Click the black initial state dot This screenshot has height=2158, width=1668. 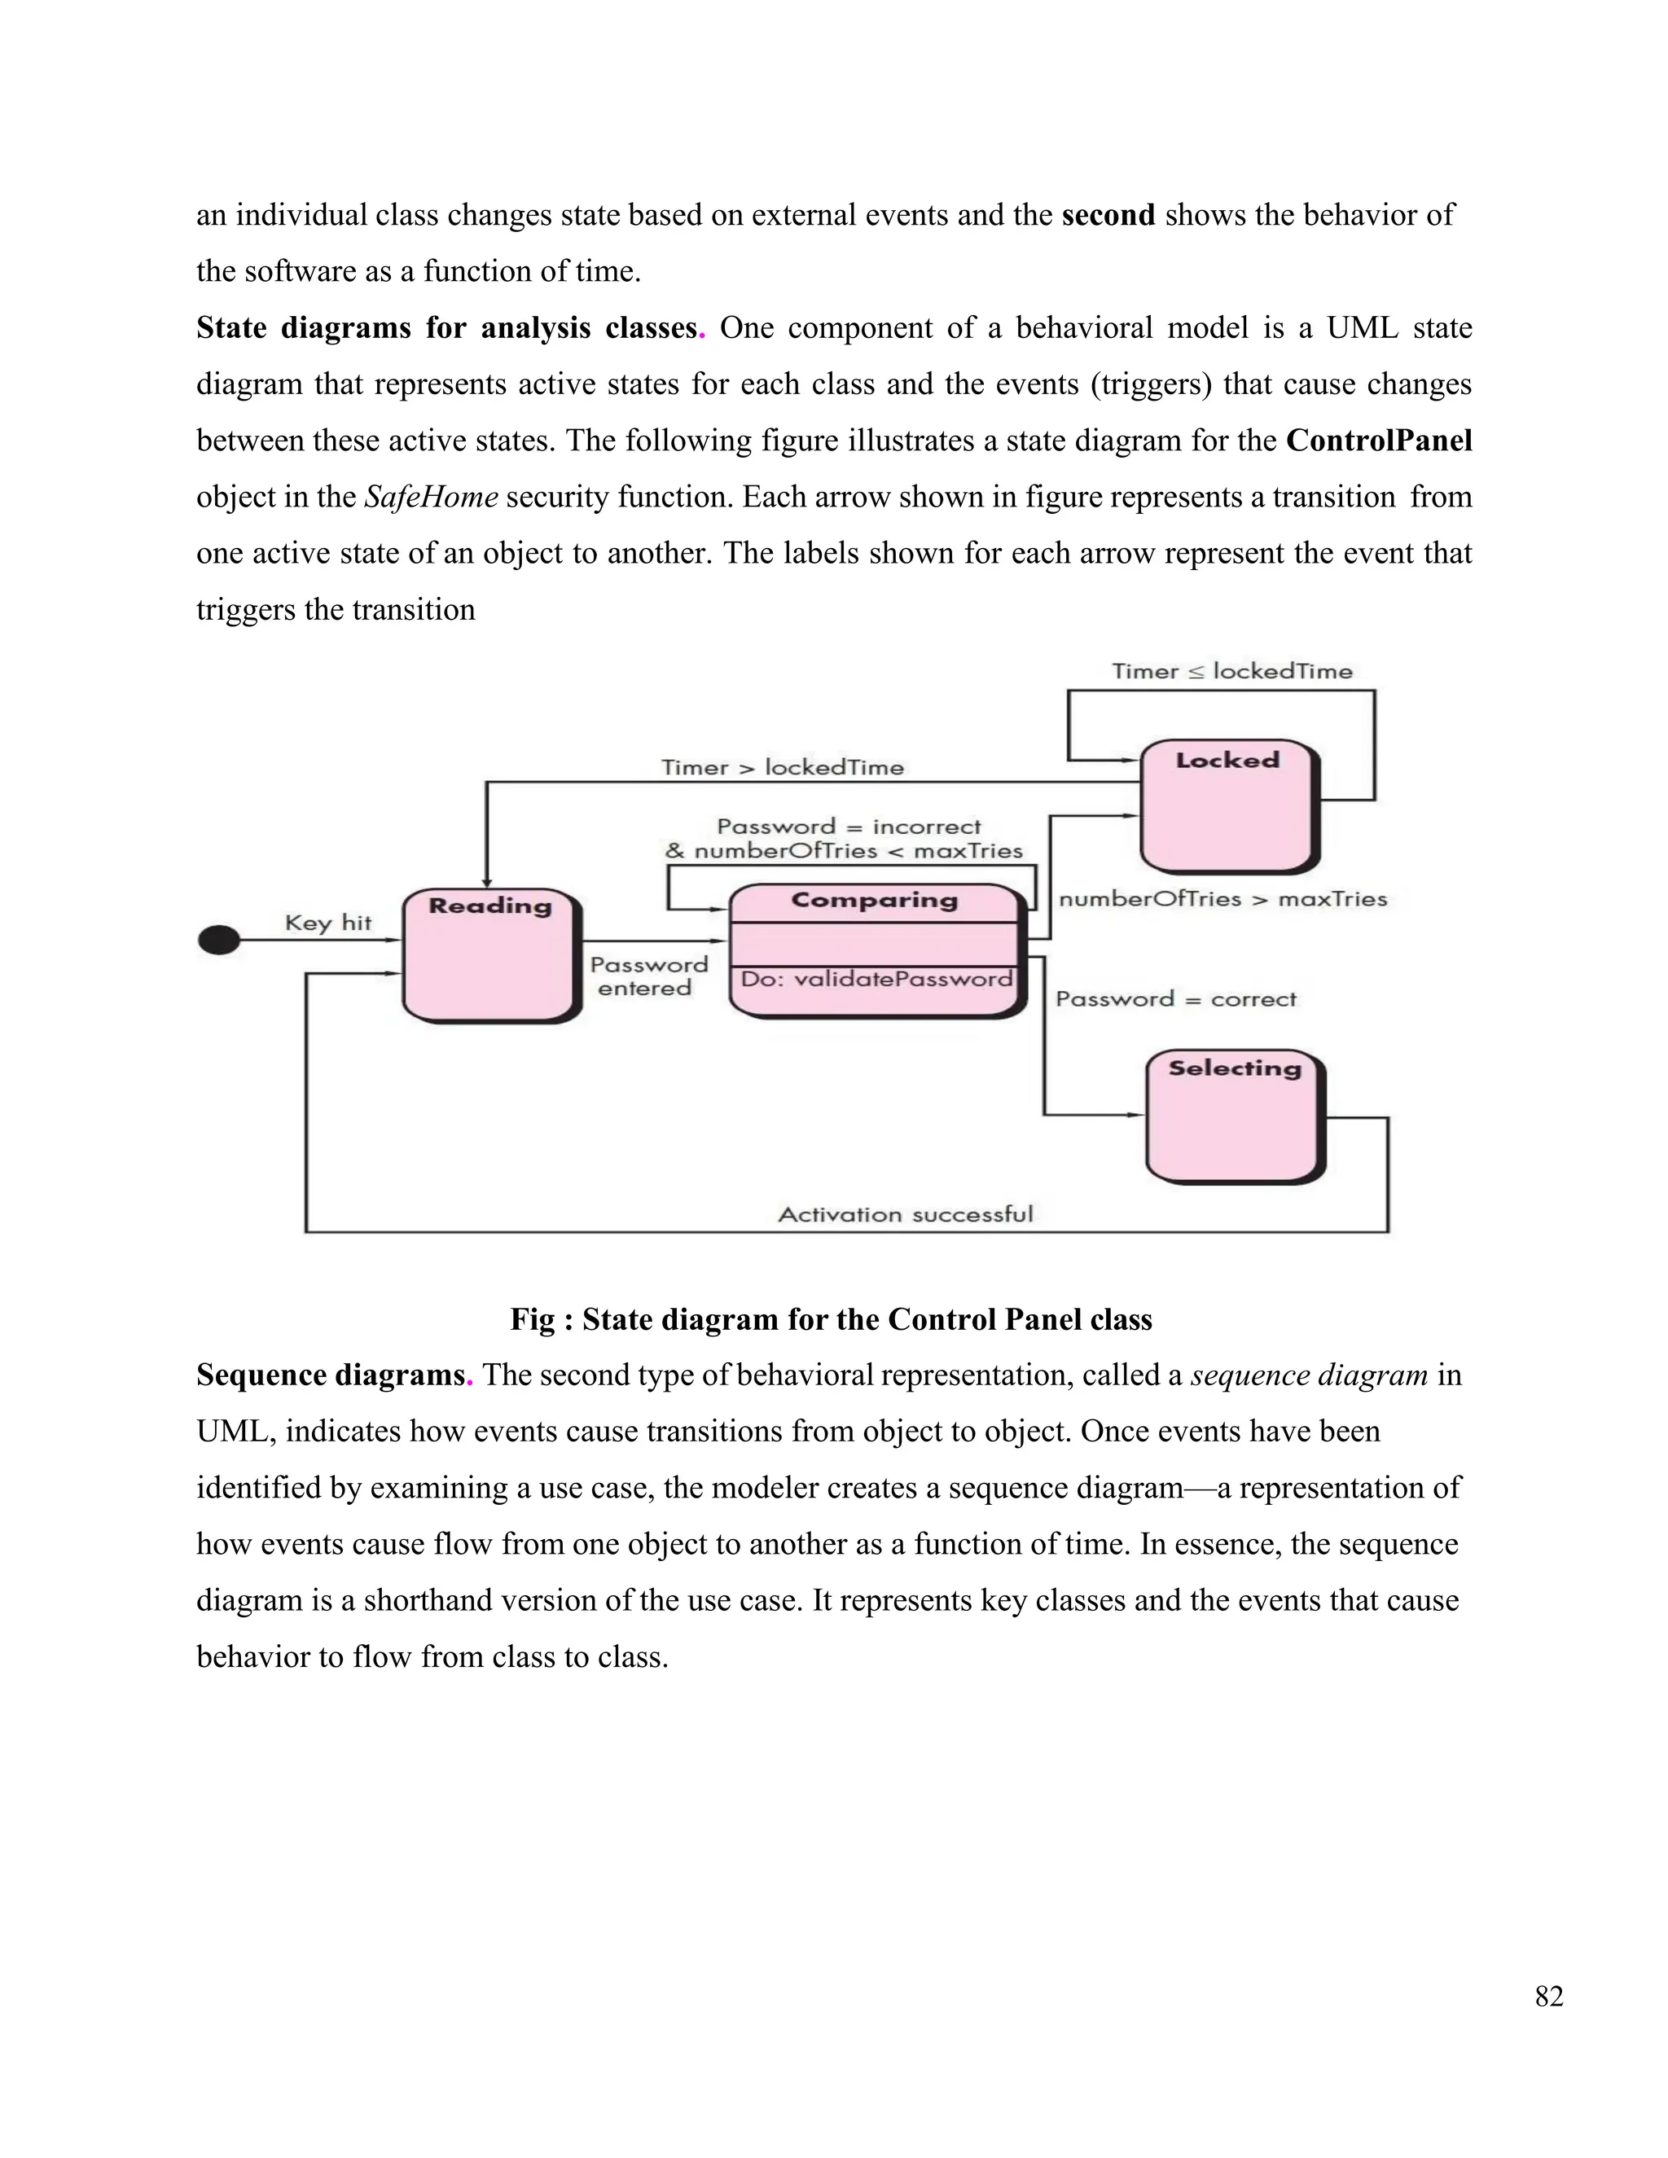coord(218,940)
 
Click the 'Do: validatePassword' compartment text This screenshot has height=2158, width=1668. coord(876,979)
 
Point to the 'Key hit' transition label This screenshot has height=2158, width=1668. coord(328,923)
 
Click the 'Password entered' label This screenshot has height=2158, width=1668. coord(648,976)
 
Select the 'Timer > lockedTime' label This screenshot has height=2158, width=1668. coord(782,768)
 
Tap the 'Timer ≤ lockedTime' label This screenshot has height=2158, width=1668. coord(1231,672)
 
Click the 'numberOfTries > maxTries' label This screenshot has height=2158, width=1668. coord(1222,899)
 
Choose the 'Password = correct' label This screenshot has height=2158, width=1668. coord(1175,999)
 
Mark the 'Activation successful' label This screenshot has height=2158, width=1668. coord(905,1214)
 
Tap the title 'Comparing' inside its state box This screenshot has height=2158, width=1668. coord(875,900)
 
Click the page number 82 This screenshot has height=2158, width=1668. coord(1548,1997)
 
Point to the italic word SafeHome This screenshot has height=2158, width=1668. coord(431,497)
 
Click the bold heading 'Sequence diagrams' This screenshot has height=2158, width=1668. coord(330,1375)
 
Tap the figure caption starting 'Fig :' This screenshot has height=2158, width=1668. coord(830,1319)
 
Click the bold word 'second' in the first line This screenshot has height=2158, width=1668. coord(1108,216)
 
